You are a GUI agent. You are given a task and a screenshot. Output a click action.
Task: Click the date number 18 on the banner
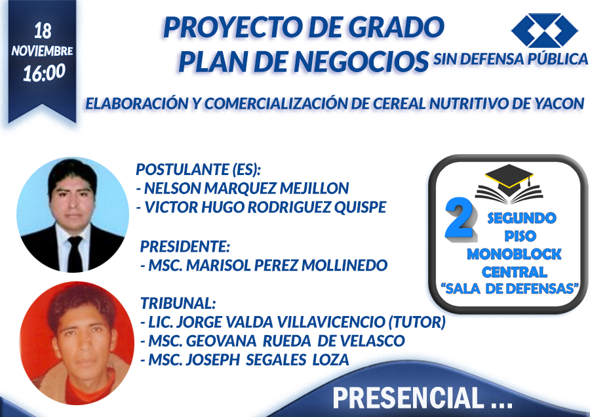pos(43,31)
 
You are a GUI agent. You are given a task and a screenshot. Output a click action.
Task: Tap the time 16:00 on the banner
pos(44,73)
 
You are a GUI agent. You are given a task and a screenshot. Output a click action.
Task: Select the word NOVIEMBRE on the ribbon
pos(42,51)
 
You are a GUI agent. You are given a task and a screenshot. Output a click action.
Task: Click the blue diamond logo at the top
pos(544,30)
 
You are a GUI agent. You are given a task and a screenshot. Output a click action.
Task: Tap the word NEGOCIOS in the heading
pos(362,62)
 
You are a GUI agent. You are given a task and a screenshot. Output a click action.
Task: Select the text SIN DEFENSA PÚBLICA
pos(511,59)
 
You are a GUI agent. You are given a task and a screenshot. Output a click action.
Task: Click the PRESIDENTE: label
pos(185,247)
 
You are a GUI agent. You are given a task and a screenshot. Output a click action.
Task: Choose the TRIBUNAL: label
pos(178,303)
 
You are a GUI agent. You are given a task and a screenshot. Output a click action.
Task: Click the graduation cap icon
pos(509,184)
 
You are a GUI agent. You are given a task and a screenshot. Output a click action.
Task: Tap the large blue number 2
pos(460,218)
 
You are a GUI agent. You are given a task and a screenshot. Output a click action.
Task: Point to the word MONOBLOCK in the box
pos(514,254)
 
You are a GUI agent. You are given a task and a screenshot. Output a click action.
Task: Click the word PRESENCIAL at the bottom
pos(408,397)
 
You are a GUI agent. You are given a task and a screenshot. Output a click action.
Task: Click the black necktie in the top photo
pos(75,253)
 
